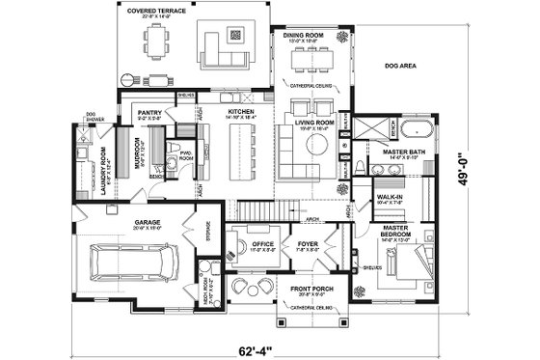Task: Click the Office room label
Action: (261, 244)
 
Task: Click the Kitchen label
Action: (240, 114)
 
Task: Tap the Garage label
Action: (133, 222)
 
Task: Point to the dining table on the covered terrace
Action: (157, 42)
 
